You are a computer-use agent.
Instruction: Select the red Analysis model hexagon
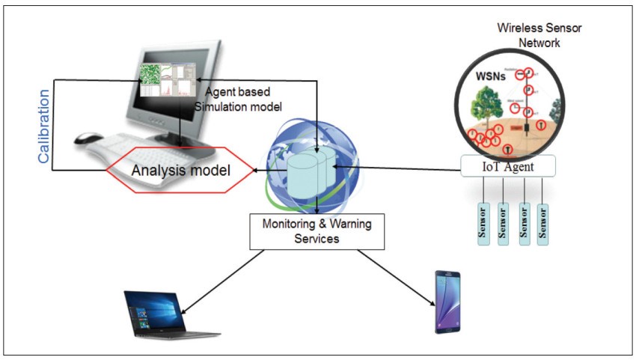[180, 170]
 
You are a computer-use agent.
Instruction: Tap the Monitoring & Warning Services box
[317, 230]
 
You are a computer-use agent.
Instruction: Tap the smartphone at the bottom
[447, 302]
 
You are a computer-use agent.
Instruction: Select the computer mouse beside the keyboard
[89, 138]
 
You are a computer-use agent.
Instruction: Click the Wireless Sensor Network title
[539, 35]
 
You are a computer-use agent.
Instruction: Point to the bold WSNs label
[491, 77]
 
